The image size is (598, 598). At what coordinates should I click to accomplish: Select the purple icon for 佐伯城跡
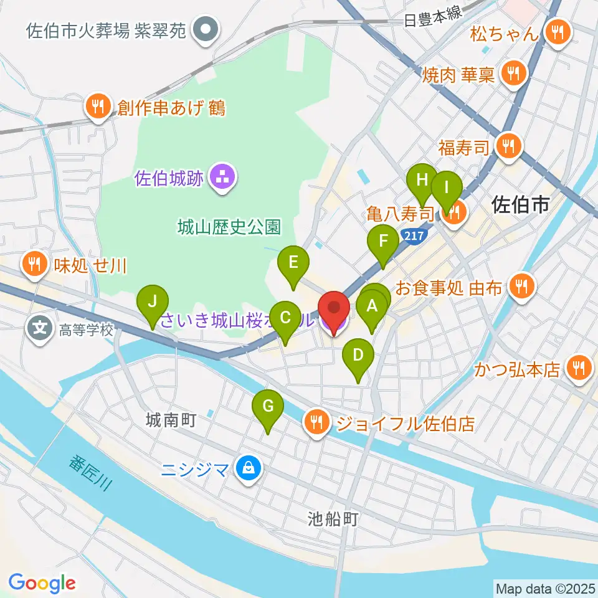(x=221, y=178)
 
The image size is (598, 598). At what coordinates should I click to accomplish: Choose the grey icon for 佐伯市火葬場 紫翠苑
(x=204, y=29)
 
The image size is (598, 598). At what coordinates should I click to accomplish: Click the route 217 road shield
(x=411, y=235)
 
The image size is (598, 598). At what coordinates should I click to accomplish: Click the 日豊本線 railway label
(x=433, y=20)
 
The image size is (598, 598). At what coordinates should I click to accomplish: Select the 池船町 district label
(x=334, y=518)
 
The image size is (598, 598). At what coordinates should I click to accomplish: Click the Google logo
(x=42, y=582)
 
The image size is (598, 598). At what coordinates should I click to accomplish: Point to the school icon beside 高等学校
(x=40, y=328)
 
